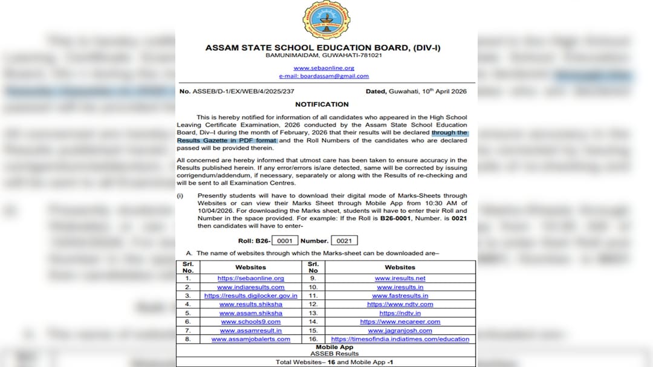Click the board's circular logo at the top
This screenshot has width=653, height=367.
[326, 20]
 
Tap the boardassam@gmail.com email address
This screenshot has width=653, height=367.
[323, 76]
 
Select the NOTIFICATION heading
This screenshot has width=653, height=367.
[322, 105]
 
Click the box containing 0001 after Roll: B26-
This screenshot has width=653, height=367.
[284, 241]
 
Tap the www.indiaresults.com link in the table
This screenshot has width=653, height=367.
[250, 287]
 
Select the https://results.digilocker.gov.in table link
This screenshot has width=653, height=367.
[250, 296]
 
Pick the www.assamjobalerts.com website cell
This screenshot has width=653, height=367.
[250, 339]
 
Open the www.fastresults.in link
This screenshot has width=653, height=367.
[400, 296]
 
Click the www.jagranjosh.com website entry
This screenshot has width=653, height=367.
[400, 331]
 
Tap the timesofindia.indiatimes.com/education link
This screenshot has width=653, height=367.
[400, 339]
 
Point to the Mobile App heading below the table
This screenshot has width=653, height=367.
[326, 348]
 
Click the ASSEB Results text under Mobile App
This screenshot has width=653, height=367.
[326, 354]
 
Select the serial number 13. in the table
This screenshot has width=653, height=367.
[313, 313]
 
